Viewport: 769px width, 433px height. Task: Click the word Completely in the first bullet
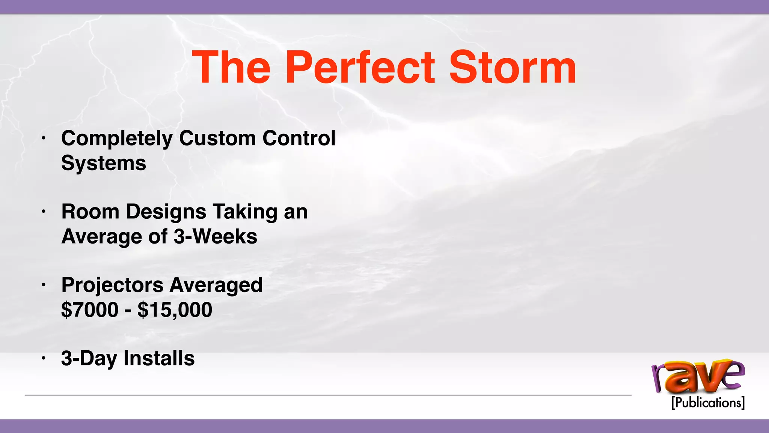(x=117, y=139)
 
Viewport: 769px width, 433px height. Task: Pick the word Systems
(x=104, y=164)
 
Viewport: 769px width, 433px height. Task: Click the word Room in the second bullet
(x=90, y=211)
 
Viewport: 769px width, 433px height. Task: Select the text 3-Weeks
(x=215, y=236)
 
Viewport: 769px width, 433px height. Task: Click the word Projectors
(x=112, y=285)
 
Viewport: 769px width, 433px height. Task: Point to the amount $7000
(x=90, y=310)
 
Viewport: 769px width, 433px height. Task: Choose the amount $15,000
(x=175, y=310)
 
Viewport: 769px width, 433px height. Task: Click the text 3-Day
(x=89, y=359)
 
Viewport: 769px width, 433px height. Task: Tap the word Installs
(x=159, y=358)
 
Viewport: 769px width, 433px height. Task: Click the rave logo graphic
(x=698, y=376)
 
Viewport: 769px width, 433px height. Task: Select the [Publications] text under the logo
(x=708, y=403)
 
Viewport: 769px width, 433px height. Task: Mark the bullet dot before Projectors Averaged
(x=44, y=285)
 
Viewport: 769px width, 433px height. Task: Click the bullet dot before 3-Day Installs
(x=44, y=359)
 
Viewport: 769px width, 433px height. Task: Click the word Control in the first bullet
(x=299, y=138)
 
